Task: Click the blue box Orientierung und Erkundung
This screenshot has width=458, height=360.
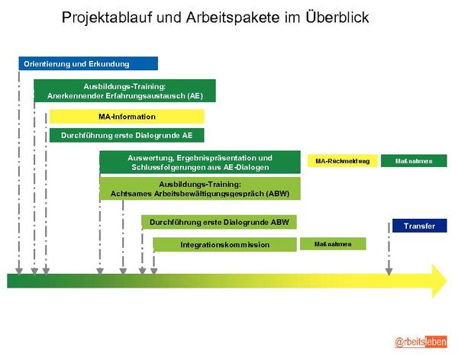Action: (x=89, y=63)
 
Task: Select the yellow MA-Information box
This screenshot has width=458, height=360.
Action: (x=127, y=117)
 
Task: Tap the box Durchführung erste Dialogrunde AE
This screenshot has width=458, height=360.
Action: (x=127, y=136)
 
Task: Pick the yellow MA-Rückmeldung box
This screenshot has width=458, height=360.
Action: (x=342, y=161)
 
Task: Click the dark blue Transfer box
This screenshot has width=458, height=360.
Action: (x=419, y=226)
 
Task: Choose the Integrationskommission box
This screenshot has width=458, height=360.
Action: (x=225, y=245)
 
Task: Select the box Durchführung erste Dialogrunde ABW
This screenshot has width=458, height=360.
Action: (x=219, y=222)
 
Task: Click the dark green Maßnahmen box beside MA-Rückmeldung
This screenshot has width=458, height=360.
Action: (x=414, y=161)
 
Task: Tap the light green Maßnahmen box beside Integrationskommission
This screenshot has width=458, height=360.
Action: (x=333, y=244)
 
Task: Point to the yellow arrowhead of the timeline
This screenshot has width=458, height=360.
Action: (x=439, y=281)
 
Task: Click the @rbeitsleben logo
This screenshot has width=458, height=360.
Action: (x=421, y=342)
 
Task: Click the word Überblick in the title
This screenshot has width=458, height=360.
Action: (x=337, y=18)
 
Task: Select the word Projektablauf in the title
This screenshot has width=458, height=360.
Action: (x=107, y=18)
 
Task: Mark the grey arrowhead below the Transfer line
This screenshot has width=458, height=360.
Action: (x=389, y=272)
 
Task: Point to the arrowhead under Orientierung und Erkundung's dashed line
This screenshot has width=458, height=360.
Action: (x=19, y=272)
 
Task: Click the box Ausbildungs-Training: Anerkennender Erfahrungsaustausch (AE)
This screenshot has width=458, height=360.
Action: (x=124, y=91)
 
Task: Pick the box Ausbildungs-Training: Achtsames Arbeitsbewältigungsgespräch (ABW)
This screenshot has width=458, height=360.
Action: (x=200, y=188)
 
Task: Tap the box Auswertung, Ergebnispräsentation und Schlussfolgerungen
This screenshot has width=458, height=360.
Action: (x=200, y=162)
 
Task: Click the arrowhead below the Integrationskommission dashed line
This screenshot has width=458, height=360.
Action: (x=154, y=272)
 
